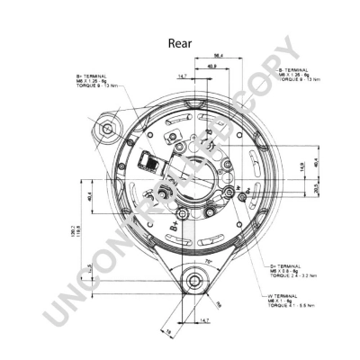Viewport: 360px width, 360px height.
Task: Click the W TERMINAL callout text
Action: coord(286,296)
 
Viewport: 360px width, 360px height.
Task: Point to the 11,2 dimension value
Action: coord(89,266)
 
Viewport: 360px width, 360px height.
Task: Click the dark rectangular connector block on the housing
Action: coord(145,162)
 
